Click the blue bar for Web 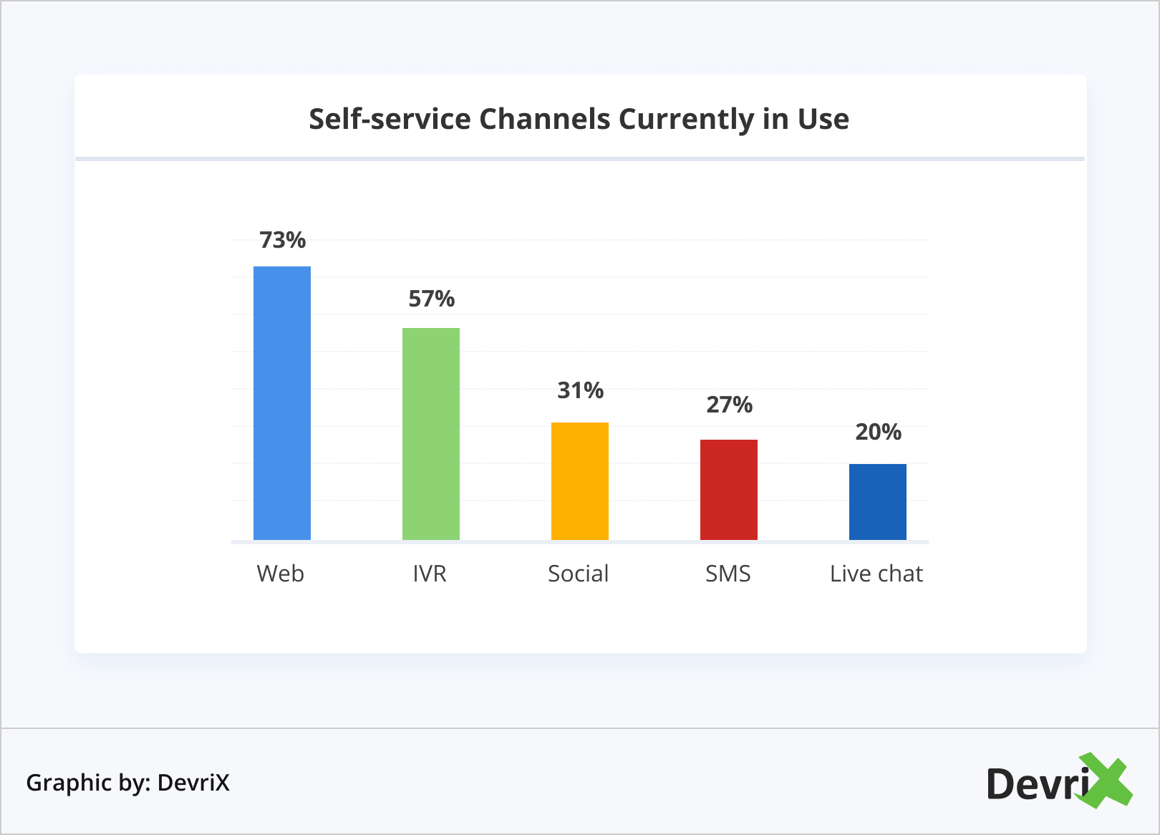pyautogui.click(x=282, y=402)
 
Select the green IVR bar pyautogui.click(x=431, y=433)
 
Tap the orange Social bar pyautogui.click(x=580, y=481)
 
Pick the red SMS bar pyautogui.click(x=729, y=489)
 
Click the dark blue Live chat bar pyautogui.click(x=878, y=501)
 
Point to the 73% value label pyautogui.click(x=282, y=240)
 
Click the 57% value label pyautogui.click(x=431, y=299)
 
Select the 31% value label pyautogui.click(x=580, y=390)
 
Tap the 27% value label pyautogui.click(x=729, y=405)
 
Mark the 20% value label pyautogui.click(x=878, y=432)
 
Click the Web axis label pyautogui.click(x=281, y=574)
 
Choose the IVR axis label pyautogui.click(x=430, y=574)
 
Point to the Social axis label pyautogui.click(x=579, y=574)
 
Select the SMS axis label pyautogui.click(x=728, y=574)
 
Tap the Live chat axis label pyautogui.click(x=876, y=574)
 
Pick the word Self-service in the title pyautogui.click(x=390, y=119)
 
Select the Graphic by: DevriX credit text pyautogui.click(x=128, y=783)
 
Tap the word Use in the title pyautogui.click(x=823, y=119)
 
